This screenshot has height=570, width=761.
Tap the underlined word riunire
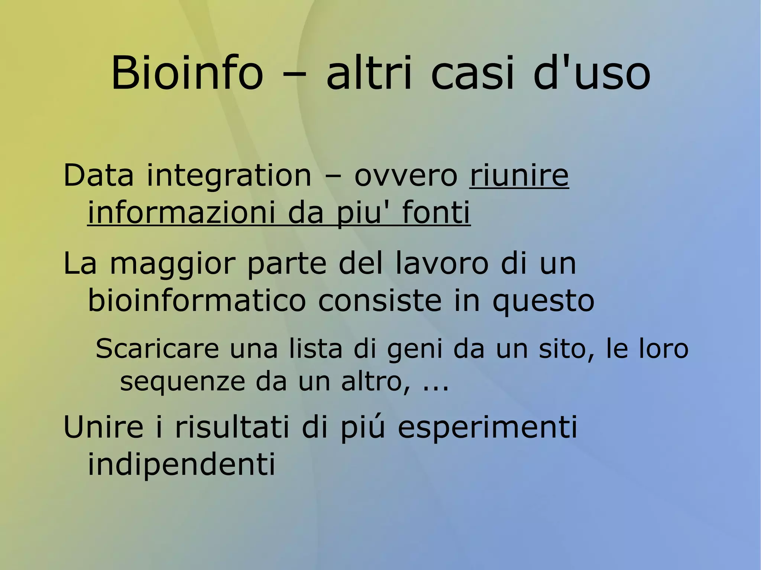519,175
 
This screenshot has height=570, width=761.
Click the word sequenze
182,382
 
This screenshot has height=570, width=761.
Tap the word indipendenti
181,464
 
